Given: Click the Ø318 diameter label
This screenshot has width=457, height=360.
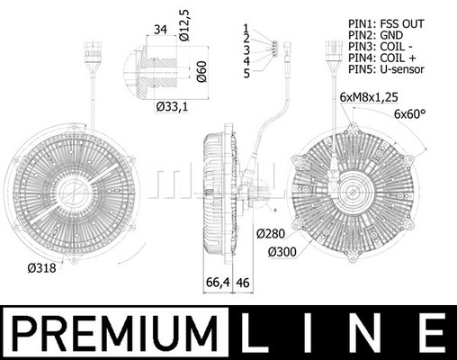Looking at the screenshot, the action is tap(41, 268).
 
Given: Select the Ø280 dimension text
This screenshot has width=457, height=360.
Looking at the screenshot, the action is tap(271, 233).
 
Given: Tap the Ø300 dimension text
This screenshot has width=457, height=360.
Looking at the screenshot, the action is tap(282, 252).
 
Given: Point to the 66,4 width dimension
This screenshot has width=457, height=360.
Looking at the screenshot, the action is tap(218, 283).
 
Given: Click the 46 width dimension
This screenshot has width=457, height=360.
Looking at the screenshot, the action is tap(243, 283).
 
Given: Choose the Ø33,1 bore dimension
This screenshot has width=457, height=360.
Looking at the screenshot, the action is tap(172, 106).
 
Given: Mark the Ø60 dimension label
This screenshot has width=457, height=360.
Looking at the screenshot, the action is tap(202, 71).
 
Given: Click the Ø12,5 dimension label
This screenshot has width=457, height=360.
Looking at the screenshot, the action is tap(184, 25).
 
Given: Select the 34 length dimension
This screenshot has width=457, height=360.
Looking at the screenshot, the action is tap(160, 30).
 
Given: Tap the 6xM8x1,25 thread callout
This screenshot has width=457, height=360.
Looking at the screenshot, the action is tap(369, 97).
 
